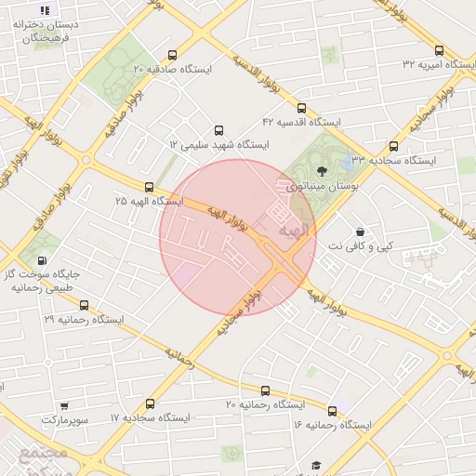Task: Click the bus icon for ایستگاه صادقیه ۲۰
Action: tap(172, 55)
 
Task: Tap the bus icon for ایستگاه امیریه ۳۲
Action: tap(439, 50)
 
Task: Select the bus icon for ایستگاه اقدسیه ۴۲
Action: tap(302, 108)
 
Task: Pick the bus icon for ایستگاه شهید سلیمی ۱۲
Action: tap(218, 130)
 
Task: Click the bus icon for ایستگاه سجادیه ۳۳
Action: tap(393, 146)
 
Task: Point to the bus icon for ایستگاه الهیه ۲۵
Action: tap(150, 187)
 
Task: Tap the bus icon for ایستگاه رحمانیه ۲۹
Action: tap(84, 304)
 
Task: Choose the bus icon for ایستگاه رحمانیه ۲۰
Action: tap(265, 391)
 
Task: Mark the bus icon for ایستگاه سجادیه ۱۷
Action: tap(151, 403)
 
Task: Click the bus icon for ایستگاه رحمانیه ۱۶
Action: tap(332, 410)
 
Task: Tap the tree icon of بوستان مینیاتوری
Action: tap(322, 171)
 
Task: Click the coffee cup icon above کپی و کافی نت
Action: tap(360, 231)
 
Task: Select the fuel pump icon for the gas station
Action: tap(42, 259)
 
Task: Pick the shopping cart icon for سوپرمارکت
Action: tap(64, 405)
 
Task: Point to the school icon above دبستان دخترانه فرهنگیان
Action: tap(46, 10)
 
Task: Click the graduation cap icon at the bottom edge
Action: tap(315, 465)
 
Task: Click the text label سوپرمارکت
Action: tap(64, 420)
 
